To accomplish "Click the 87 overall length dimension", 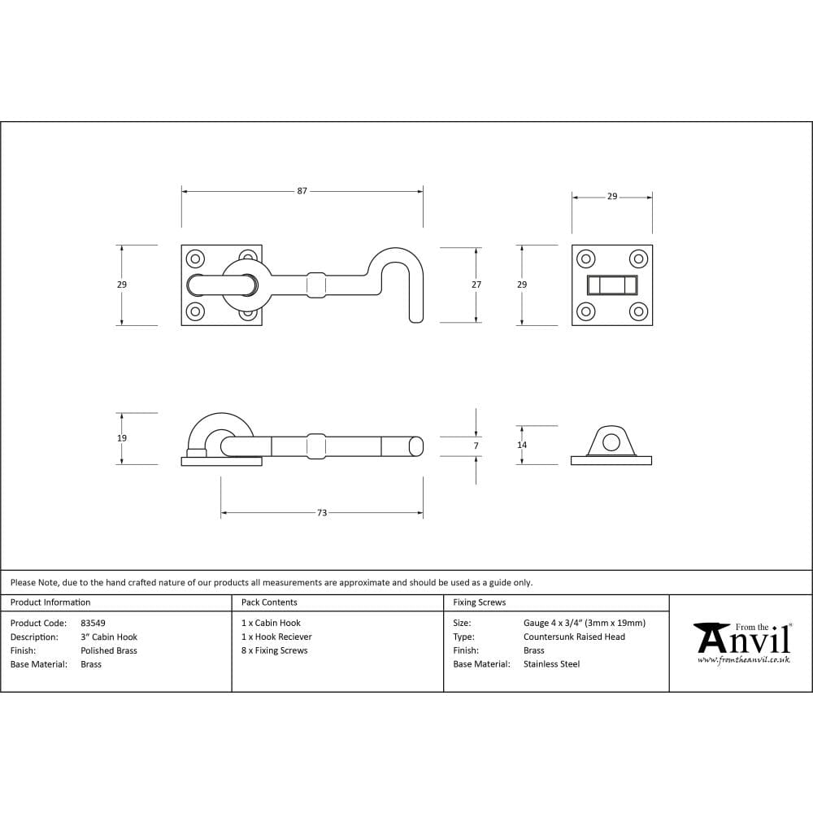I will (302, 191).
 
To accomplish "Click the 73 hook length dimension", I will (322, 513).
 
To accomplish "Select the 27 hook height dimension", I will (476, 285).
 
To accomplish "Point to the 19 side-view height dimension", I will (122, 438).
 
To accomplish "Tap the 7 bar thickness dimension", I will (476, 446).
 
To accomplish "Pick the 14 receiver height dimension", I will (522, 445).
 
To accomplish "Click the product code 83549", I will (93, 624).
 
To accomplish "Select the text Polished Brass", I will (109, 650).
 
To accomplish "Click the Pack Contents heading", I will (269, 602).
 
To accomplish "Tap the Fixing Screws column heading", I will (479, 602).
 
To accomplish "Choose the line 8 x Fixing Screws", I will (275, 650).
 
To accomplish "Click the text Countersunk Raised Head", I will (574, 637).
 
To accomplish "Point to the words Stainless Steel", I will (551, 664).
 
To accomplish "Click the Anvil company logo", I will (743, 640).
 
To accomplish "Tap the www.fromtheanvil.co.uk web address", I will (743, 660).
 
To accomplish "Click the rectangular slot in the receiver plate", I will (612, 285).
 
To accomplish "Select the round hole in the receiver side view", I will (611, 441).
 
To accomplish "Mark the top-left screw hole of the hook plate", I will (195, 259).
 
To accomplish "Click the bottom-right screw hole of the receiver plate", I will (638, 311).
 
